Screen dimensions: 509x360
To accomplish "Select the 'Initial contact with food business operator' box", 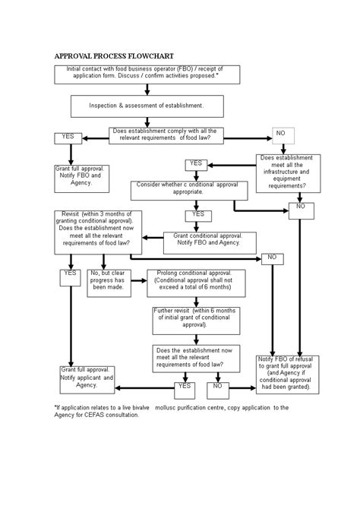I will [x=147, y=74].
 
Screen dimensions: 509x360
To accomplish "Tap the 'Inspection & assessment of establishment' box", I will [x=147, y=106].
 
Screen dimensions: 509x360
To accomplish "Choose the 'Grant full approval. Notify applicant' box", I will [x=87, y=380].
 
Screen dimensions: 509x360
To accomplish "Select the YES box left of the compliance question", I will [x=68, y=138].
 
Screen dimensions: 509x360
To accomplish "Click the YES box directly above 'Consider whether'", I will [x=196, y=164].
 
